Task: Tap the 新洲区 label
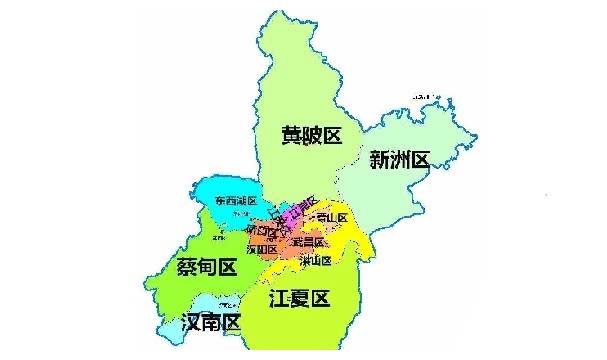point(398,159)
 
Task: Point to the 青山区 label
point(330,218)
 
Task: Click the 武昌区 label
point(309,241)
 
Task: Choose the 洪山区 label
point(314,260)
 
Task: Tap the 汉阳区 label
point(260,249)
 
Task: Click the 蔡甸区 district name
point(205,267)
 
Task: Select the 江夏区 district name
point(300,298)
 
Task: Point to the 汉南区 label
point(211,323)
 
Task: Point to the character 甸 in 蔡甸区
point(205,267)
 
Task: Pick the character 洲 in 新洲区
point(398,159)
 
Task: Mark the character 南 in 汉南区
point(211,323)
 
